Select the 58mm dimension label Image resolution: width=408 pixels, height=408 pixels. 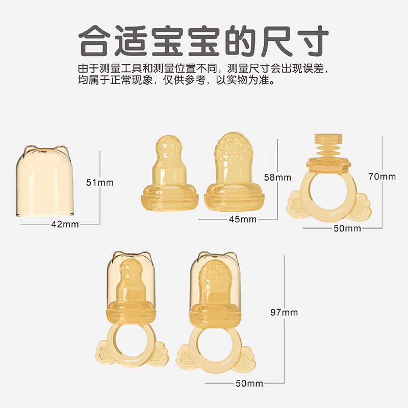[x=278, y=177]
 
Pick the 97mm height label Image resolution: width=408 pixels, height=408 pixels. [x=285, y=312]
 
